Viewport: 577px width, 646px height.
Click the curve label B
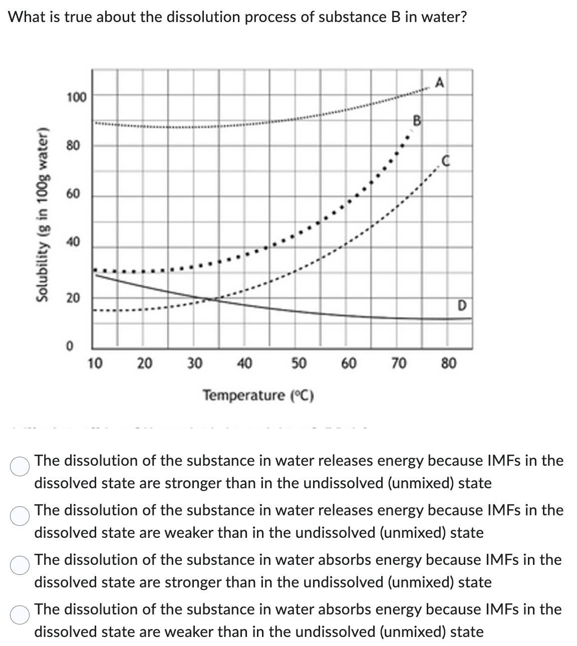pos(416,120)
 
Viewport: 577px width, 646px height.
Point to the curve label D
pos(462,304)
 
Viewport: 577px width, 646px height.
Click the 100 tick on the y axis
pos(77,96)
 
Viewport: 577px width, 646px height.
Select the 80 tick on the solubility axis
pos(73,146)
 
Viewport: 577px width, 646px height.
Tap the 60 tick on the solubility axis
pos(73,194)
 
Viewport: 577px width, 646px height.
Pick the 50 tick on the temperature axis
pos(299,363)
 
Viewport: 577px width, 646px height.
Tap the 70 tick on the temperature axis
pos(399,363)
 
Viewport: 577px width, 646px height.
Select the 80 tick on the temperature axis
pos(448,363)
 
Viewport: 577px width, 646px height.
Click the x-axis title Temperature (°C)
pos(258,396)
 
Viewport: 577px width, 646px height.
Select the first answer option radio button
pos(20,466)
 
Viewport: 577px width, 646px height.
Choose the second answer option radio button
pos(20,515)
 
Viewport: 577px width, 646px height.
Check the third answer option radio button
pos(20,565)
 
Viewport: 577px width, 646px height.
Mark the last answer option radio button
pos(20,614)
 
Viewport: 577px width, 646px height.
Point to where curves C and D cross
pos(210,299)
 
